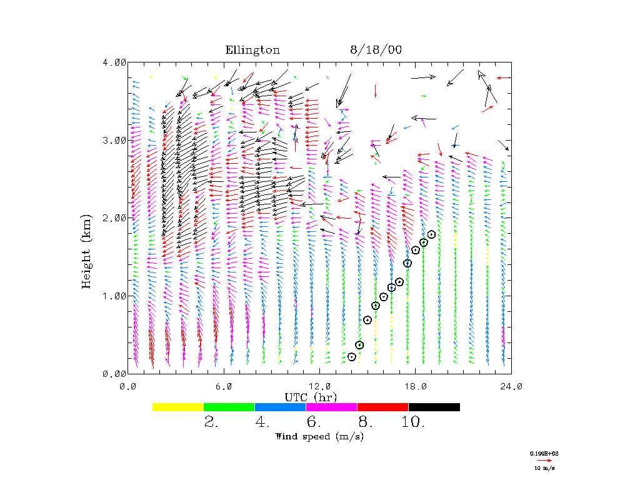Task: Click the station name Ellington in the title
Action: [252, 51]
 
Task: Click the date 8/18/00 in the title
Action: [376, 51]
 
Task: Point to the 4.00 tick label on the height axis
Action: [114, 62]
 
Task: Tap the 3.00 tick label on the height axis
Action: [114, 140]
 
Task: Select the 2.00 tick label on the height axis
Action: [114, 217]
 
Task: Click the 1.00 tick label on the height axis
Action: [114, 296]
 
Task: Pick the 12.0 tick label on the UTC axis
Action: [319, 387]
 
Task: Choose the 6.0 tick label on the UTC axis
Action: [224, 387]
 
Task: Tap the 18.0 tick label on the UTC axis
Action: [416, 387]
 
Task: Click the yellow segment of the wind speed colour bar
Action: [178, 407]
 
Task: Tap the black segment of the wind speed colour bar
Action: [434, 407]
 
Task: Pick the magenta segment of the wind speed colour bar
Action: [332, 407]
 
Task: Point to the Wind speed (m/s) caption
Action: [319, 436]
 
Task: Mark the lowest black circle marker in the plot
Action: [352, 357]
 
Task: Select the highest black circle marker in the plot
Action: [431, 234]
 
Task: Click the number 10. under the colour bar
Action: [413, 422]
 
